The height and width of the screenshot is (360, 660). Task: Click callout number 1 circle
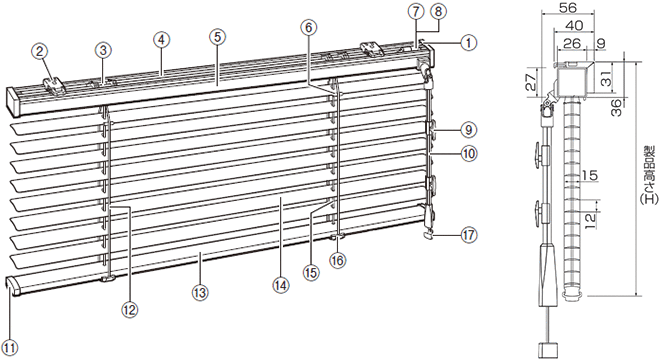(x=468, y=43)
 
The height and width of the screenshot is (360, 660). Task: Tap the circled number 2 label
(x=39, y=51)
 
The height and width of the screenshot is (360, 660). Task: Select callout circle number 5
(x=217, y=37)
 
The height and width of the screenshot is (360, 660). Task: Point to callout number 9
(x=468, y=129)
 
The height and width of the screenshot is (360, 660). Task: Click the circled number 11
(x=10, y=347)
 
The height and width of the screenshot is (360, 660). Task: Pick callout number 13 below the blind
(x=200, y=292)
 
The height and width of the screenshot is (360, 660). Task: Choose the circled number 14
(x=281, y=285)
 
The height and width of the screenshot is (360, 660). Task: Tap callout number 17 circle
(x=468, y=235)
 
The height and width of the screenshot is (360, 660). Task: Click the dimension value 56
(x=568, y=7)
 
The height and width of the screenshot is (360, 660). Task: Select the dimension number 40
(x=574, y=25)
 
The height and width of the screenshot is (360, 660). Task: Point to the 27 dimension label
(x=532, y=80)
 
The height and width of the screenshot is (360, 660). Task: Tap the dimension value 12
(x=590, y=216)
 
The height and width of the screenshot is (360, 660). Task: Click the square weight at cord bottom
(x=550, y=350)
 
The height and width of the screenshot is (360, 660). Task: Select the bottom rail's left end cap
(x=13, y=286)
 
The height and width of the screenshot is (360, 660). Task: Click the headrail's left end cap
(x=14, y=101)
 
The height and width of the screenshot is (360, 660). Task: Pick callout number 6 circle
(x=308, y=28)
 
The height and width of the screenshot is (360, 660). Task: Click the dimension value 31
(x=606, y=77)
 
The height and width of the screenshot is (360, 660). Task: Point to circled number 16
(x=337, y=261)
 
